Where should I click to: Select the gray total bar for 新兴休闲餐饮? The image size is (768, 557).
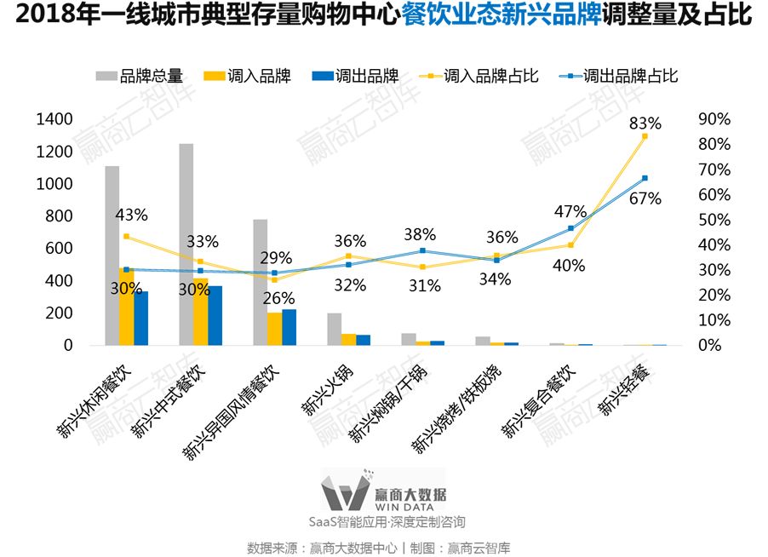pos(112,256)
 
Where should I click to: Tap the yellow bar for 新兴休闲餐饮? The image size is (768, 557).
pos(126,307)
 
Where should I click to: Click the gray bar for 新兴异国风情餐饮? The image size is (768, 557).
pos(260,282)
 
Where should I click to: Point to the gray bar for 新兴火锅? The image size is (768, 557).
pos(334,329)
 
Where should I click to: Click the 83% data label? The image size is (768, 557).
pos(645,123)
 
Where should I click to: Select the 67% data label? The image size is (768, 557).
pos(645,198)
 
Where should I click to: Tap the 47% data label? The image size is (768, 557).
pos(570,211)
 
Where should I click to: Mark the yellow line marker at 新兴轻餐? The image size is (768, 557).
pos(645,136)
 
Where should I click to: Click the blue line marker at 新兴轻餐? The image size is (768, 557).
pos(645,178)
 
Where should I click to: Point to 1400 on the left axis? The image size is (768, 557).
pos(54,119)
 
